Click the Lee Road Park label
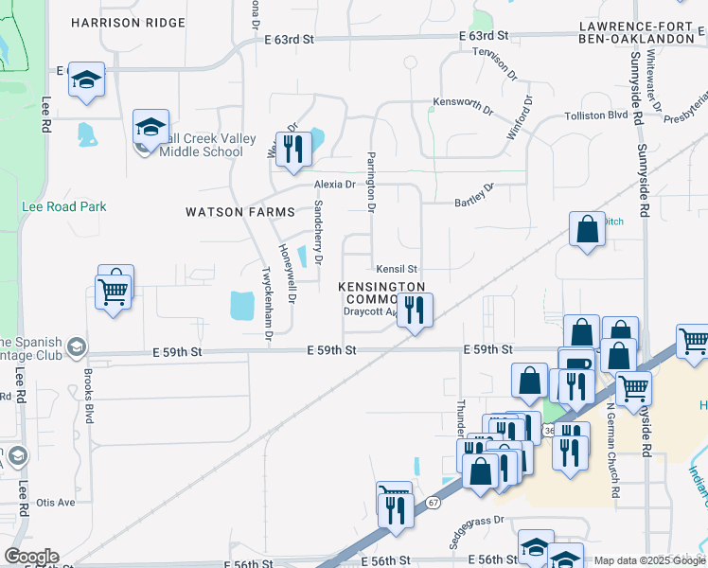coord(64,206)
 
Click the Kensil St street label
coord(397,270)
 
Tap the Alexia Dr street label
coord(334,185)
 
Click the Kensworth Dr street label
coord(463,104)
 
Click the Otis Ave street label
coord(55,503)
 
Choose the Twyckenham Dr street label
coord(268,301)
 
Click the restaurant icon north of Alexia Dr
coord(293,149)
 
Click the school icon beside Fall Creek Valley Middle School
coord(150,126)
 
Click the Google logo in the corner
coord(31,557)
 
